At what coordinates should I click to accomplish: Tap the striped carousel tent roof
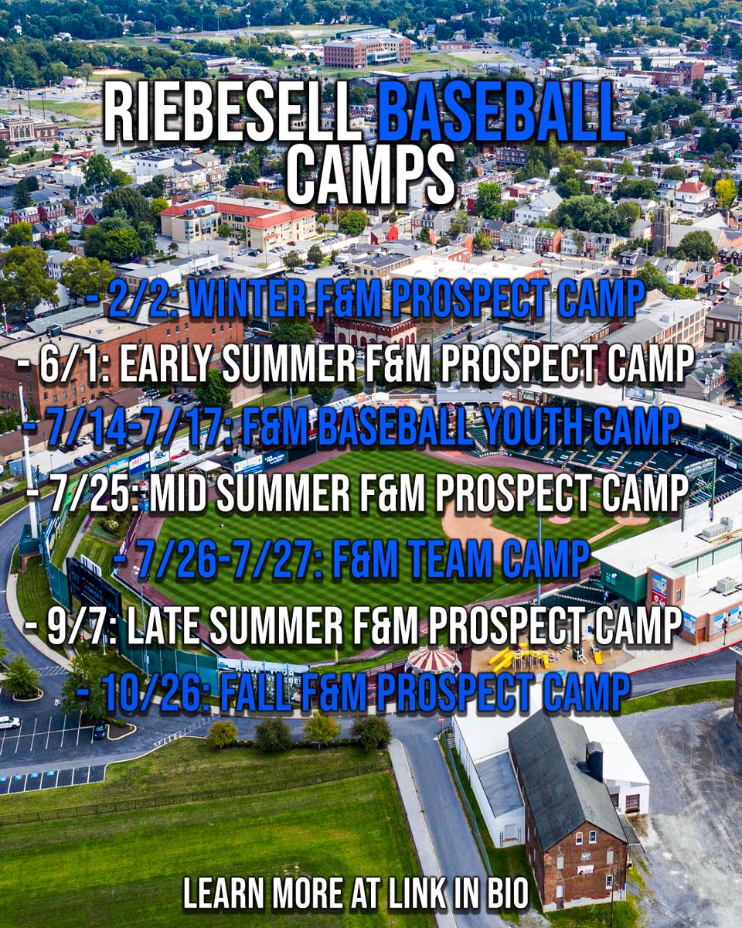coord(433,659)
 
